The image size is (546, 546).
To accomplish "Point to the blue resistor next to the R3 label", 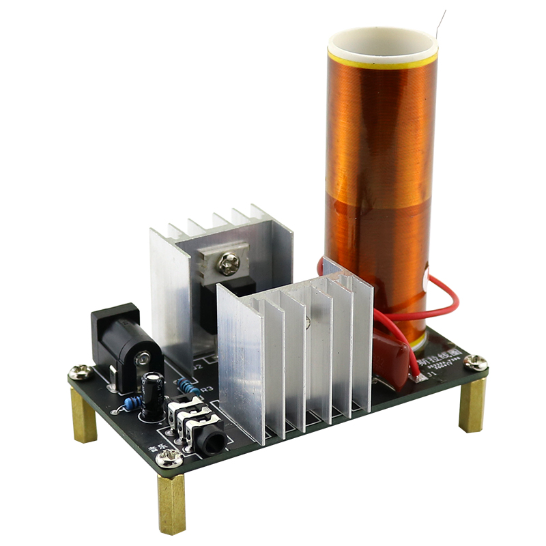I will coord(188,388).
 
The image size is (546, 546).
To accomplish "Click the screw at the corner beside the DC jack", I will coord(81,372).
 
